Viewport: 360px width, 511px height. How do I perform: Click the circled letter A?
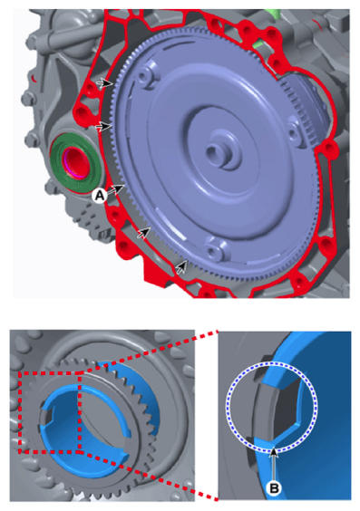click(99, 195)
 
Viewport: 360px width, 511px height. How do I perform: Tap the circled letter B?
click(274, 487)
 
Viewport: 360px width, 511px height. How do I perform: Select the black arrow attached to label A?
click(116, 189)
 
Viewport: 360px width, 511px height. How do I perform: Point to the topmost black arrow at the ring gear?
click(105, 83)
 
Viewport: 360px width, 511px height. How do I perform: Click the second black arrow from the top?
click(104, 126)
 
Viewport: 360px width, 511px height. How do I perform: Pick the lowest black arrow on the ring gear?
click(182, 267)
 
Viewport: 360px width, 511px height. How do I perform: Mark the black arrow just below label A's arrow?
click(144, 232)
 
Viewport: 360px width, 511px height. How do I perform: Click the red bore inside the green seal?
click(77, 162)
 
